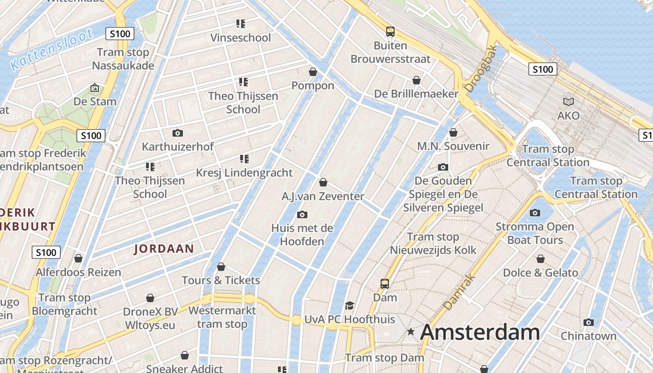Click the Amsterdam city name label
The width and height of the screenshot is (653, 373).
point(480,332)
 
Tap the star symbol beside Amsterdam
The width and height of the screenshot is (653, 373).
point(410,332)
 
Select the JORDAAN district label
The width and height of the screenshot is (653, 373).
point(164,249)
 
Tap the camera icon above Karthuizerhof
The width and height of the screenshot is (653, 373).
point(177,133)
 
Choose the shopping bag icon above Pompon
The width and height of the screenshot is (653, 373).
point(313,72)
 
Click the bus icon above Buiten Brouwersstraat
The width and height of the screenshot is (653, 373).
point(390,32)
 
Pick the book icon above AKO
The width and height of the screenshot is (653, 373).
point(569,102)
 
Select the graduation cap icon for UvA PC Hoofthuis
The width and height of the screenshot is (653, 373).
point(349,306)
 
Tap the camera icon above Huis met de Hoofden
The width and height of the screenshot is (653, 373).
point(302,214)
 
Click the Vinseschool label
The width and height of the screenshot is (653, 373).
point(240,38)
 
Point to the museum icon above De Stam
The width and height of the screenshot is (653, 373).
point(95,88)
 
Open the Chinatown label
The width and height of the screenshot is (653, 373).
point(588,336)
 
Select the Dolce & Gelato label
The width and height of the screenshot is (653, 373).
point(540,272)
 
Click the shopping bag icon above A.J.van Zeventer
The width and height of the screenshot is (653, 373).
point(323,182)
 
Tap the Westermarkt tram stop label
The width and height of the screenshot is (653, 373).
point(222,317)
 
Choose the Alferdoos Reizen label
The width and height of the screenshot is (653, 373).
point(78,272)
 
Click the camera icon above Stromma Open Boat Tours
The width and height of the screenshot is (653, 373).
point(535,213)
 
